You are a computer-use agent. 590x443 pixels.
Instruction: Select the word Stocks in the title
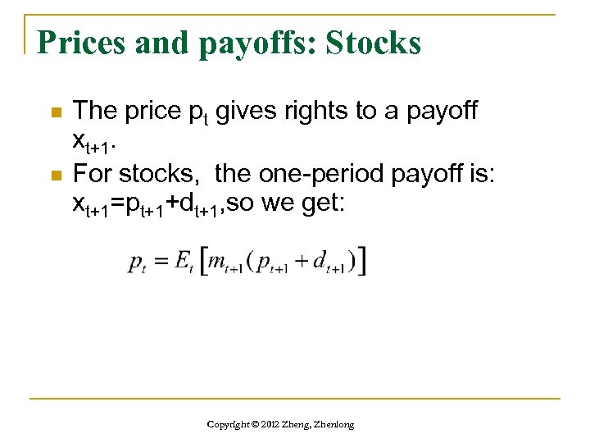[x=374, y=43]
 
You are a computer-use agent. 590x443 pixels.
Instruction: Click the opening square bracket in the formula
[x=202, y=261]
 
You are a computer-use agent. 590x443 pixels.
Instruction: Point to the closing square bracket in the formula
[x=361, y=261]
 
